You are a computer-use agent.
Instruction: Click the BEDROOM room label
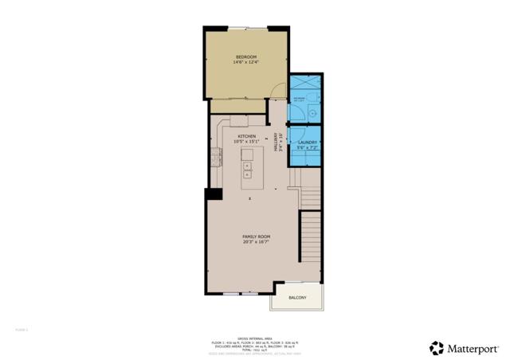tap(246, 57)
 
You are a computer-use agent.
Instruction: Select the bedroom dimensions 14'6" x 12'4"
tap(246, 62)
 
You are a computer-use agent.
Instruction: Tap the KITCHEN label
tap(247, 136)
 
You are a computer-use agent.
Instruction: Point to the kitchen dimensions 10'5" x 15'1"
tap(247, 142)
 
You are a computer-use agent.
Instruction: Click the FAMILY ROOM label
tap(257, 237)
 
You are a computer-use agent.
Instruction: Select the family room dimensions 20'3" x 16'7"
tap(257, 242)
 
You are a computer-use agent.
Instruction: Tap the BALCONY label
tap(297, 298)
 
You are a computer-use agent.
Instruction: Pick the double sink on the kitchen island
tap(247, 170)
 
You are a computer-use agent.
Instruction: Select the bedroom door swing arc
tap(276, 92)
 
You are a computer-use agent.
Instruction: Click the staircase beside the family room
tap(311, 239)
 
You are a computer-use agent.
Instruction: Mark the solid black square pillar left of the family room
tap(213, 194)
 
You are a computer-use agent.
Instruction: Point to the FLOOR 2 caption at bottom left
tap(22, 328)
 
